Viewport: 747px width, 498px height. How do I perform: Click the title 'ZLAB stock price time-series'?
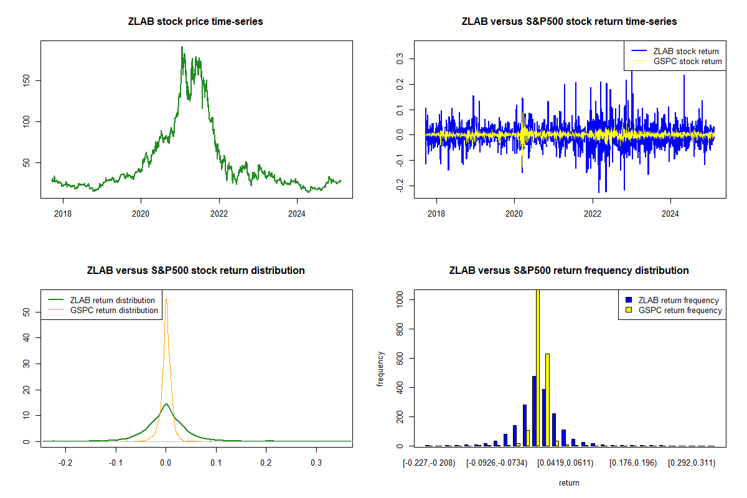point(195,22)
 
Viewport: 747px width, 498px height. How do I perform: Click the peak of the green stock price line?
point(182,47)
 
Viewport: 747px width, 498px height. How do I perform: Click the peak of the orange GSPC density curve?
point(166,299)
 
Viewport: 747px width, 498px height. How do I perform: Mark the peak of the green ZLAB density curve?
point(166,404)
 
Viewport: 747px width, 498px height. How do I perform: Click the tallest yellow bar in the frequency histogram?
point(537,367)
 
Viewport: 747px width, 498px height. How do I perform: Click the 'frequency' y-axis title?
point(380,369)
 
